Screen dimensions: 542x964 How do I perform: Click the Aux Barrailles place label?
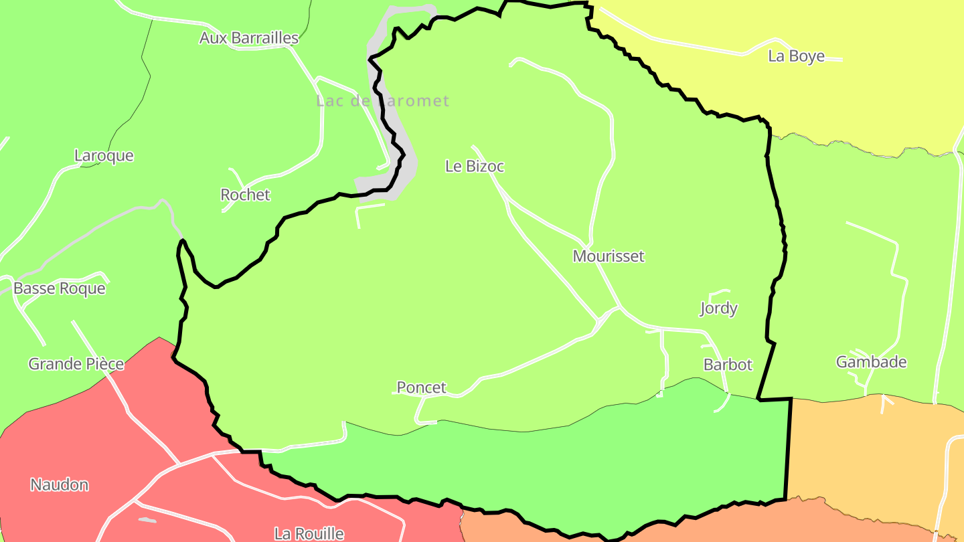(x=248, y=38)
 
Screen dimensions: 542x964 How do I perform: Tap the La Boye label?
(x=796, y=56)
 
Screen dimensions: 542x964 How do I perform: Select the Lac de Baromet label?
(x=382, y=101)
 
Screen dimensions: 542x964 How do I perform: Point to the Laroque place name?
(x=104, y=156)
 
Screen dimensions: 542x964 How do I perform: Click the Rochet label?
(x=245, y=195)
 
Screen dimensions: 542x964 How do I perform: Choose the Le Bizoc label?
(x=474, y=167)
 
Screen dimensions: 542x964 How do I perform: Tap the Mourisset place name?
(x=609, y=256)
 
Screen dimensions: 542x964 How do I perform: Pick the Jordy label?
(x=718, y=308)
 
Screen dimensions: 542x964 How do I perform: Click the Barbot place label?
(x=728, y=365)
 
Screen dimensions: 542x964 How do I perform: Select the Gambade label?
(x=871, y=363)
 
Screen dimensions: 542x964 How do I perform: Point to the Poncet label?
(x=421, y=388)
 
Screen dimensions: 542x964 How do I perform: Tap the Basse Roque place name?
(x=60, y=289)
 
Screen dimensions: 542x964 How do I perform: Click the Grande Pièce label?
(x=76, y=365)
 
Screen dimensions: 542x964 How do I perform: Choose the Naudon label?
(x=60, y=485)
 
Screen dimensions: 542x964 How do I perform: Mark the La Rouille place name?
(x=309, y=534)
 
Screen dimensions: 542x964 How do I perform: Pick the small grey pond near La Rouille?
(x=147, y=520)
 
